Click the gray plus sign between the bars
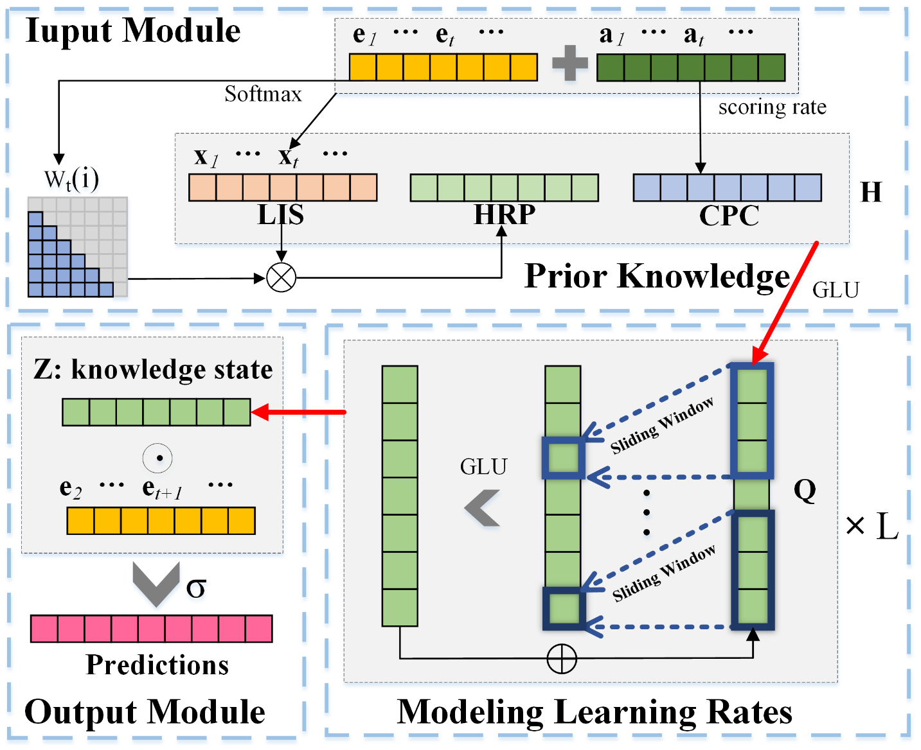(570, 63)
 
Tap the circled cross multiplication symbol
(281, 278)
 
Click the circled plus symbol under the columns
(561, 659)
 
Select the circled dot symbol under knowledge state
(157, 458)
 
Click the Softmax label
(263, 94)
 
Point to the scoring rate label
(772, 107)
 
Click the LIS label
(281, 215)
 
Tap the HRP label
(505, 215)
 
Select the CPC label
(729, 216)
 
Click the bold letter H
(871, 193)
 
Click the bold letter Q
(805, 491)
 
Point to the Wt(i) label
(71, 180)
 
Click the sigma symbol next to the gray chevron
(196, 588)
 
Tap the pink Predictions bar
(152, 629)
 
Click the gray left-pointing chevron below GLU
(483, 508)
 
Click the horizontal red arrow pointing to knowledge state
(299, 412)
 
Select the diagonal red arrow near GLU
(785, 302)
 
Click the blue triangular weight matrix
(64, 263)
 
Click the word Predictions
(157, 665)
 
